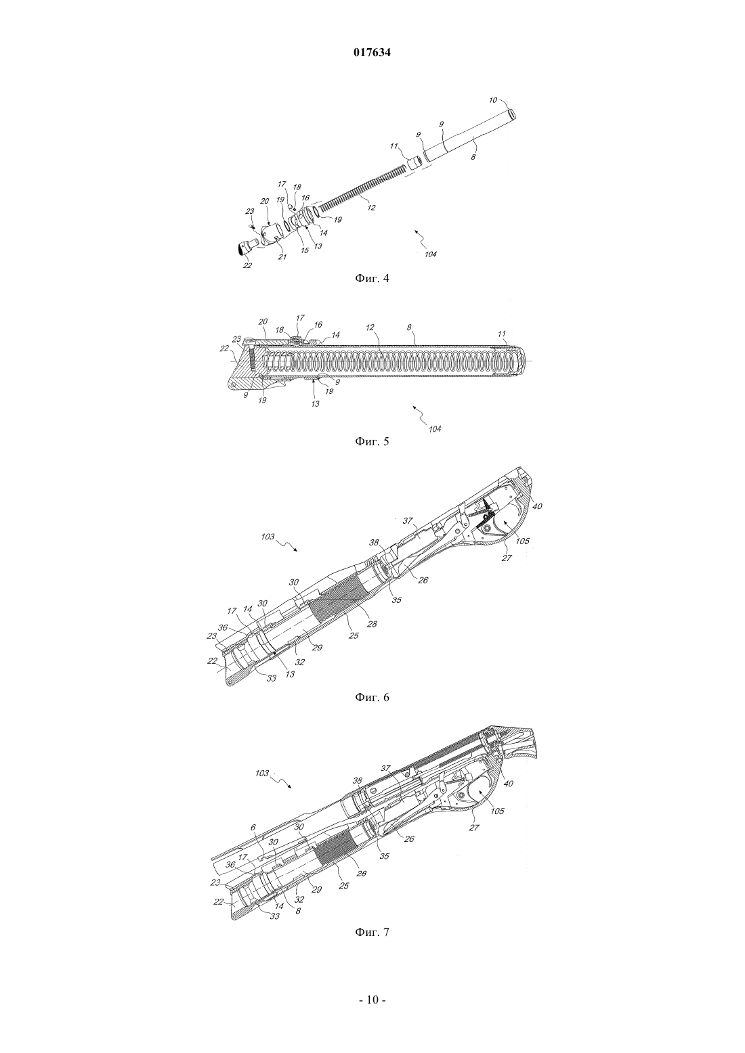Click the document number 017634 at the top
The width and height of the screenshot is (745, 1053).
pyautogui.click(x=372, y=53)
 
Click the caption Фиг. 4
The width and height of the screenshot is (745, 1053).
pyautogui.click(x=372, y=278)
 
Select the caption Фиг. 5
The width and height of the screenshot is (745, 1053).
pyautogui.click(x=372, y=441)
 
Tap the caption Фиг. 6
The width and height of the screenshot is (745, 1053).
pyautogui.click(x=372, y=696)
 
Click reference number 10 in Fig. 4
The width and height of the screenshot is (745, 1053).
pyautogui.click(x=493, y=99)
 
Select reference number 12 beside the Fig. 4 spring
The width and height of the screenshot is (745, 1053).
pyautogui.click(x=371, y=207)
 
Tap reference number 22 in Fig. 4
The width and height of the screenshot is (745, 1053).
pyautogui.click(x=247, y=265)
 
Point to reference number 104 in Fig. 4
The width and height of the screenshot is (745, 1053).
pyautogui.click(x=430, y=254)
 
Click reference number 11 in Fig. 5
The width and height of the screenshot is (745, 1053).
pyautogui.click(x=502, y=334)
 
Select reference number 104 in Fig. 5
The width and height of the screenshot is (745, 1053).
pyautogui.click(x=435, y=429)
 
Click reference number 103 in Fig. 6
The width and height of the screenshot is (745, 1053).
pyautogui.click(x=269, y=537)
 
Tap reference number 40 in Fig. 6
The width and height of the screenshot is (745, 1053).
pyautogui.click(x=537, y=506)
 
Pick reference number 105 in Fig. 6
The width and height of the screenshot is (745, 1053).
pyautogui.click(x=523, y=541)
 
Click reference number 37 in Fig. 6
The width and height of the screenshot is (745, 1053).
pyautogui.click(x=407, y=521)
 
